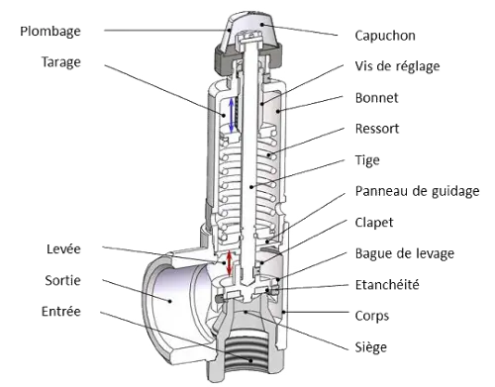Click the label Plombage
pyautogui.click(x=50, y=32)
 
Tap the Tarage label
pyautogui.click(x=61, y=62)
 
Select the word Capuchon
pyautogui.click(x=385, y=36)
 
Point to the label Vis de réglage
pyautogui.click(x=397, y=66)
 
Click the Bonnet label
pyautogui.click(x=376, y=98)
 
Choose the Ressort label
pyautogui.click(x=377, y=129)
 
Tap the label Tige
pyautogui.click(x=367, y=160)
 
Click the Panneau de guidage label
pyautogui.click(x=417, y=191)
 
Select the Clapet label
pyautogui.click(x=374, y=223)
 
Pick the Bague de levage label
pyautogui.click(x=405, y=253)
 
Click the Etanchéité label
pyautogui.click(x=387, y=285)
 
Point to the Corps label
pyautogui.click(x=372, y=317)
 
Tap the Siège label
pyautogui.click(x=371, y=347)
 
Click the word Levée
pyautogui.click(x=63, y=249)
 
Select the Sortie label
pyautogui.click(x=62, y=280)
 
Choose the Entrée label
pyautogui.click(x=61, y=312)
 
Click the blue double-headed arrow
pyautogui.click(x=232, y=115)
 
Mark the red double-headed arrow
pyautogui.click(x=229, y=263)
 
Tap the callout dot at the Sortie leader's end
pyautogui.click(x=170, y=301)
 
